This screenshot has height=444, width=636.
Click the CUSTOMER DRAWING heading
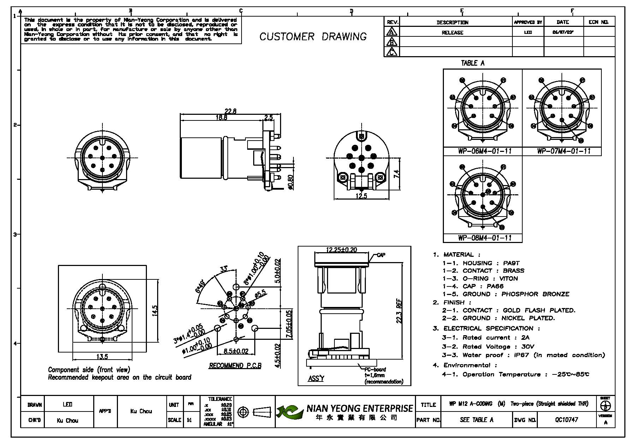pos(313,37)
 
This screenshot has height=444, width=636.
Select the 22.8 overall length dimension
pos(230,111)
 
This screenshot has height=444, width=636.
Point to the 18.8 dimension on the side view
pos(221,118)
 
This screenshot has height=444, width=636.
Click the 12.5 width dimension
pos(361,196)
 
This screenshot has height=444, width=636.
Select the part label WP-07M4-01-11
pos(564,151)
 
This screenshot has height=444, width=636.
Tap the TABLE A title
pos(472,63)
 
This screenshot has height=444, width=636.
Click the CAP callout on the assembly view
pos(381,255)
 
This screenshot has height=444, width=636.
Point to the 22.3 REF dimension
pos(399,311)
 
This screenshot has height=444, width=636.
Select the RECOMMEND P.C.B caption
pos(235,366)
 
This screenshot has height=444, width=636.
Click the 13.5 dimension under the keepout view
pos(102,356)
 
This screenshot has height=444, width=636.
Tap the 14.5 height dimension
pos(154,310)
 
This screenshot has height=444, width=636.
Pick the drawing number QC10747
pos(566,420)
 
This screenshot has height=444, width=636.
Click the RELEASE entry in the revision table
pos(452,32)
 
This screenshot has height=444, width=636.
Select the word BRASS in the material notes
pos(513,271)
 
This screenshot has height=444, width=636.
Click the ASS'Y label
pos(316,378)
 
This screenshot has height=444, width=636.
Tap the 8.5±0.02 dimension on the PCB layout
pos(236,351)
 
